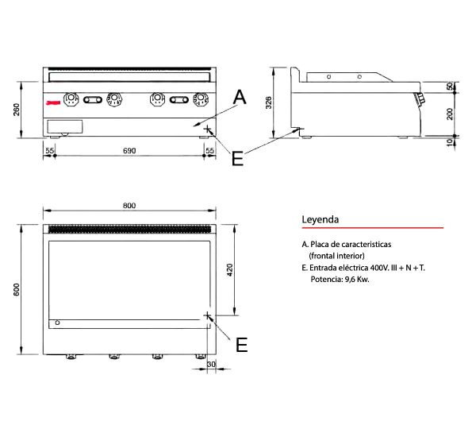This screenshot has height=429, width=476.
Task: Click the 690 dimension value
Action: coord(129,150)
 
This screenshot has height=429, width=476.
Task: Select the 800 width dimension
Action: coord(129,206)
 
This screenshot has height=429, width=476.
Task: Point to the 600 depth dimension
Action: coord(17,289)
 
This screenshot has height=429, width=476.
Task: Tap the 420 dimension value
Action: coord(230,270)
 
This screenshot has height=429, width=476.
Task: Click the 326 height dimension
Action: coord(269,102)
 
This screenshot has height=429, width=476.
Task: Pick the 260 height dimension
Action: coord(17,110)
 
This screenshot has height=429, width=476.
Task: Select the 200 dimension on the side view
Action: coord(450,114)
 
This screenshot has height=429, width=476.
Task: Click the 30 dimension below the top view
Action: coord(211,364)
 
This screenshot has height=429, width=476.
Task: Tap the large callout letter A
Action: coord(240,97)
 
